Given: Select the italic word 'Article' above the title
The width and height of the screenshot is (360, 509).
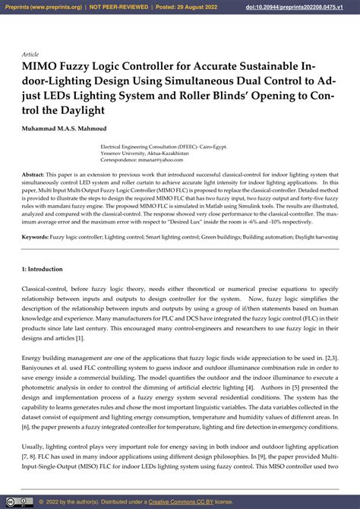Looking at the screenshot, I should [x=31, y=55].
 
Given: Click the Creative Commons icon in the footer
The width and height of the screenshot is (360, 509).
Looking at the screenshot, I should [x=18, y=501].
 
